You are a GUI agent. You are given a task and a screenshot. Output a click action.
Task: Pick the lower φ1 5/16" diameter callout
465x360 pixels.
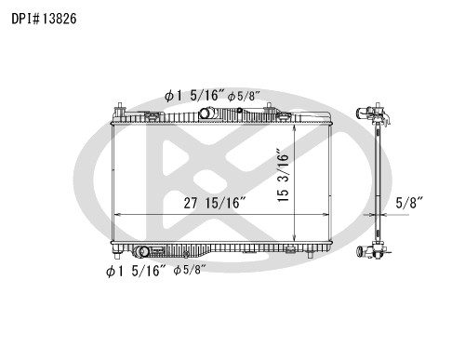pyautogui.click(x=135, y=271)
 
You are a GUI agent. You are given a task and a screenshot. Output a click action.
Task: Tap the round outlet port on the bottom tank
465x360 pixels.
pyautogui.click(x=141, y=251)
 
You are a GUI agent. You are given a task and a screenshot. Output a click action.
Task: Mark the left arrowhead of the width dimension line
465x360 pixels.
pyautogui.click(x=116, y=215)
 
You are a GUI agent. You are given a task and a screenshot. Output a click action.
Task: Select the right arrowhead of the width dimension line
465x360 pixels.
pyautogui.click(x=327, y=215)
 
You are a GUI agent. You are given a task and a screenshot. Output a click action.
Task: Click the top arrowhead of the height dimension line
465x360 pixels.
pyautogui.click(x=295, y=125)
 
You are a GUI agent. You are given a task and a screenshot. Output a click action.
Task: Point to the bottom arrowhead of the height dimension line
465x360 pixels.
pyautogui.click(x=295, y=239)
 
